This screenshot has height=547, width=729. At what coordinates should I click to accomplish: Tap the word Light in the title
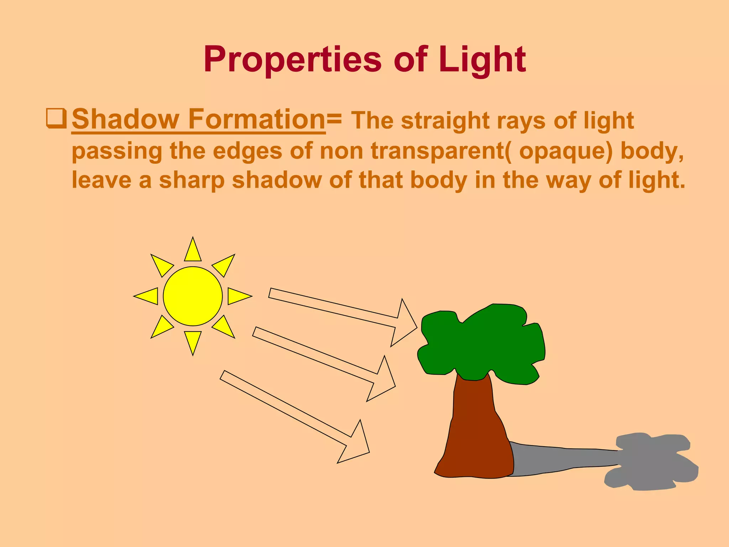click(x=482, y=59)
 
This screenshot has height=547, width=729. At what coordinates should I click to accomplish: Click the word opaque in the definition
click(x=566, y=151)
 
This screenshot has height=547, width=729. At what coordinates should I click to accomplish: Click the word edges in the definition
click(x=247, y=151)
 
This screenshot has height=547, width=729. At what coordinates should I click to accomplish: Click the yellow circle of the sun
click(x=193, y=296)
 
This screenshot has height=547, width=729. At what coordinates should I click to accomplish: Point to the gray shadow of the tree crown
click(x=651, y=463)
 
